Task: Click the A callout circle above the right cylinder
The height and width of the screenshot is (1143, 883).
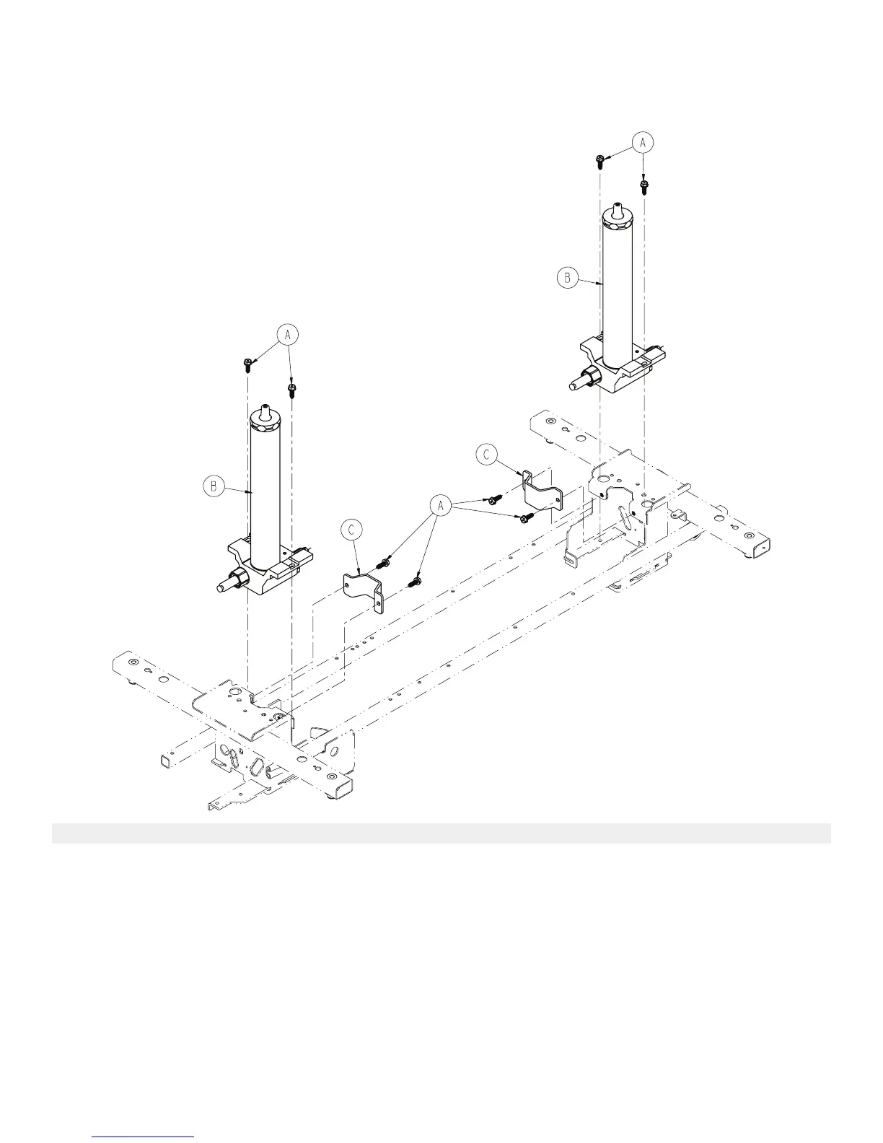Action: click(643, 143)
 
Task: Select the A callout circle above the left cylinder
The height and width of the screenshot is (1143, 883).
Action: click(288, 336)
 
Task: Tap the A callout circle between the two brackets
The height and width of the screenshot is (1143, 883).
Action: click(439, 507)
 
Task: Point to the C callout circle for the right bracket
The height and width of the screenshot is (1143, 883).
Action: click(487, 455)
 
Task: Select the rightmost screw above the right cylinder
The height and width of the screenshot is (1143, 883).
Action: click(644, 187)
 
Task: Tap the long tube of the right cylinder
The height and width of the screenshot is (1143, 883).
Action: click(618, 289)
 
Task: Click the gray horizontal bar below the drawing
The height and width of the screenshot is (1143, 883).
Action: click(441, 833)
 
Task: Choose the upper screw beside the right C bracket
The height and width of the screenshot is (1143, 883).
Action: click(495, 499)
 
